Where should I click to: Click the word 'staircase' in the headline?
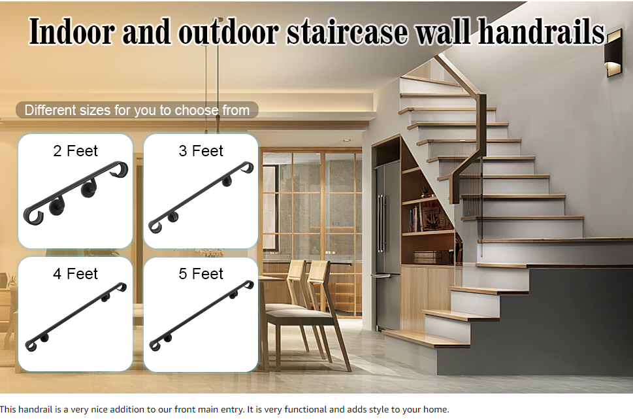click(348, 31)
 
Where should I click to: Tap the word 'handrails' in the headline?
click(542, 31)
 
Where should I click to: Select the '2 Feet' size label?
click(76, 151)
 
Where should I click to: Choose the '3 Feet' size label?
click(201, 151)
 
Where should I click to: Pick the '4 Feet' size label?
click(76, 274)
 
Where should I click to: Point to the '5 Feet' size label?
click(201, 274)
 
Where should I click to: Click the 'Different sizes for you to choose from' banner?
click(137, 110)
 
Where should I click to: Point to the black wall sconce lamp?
click(613, 52)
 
